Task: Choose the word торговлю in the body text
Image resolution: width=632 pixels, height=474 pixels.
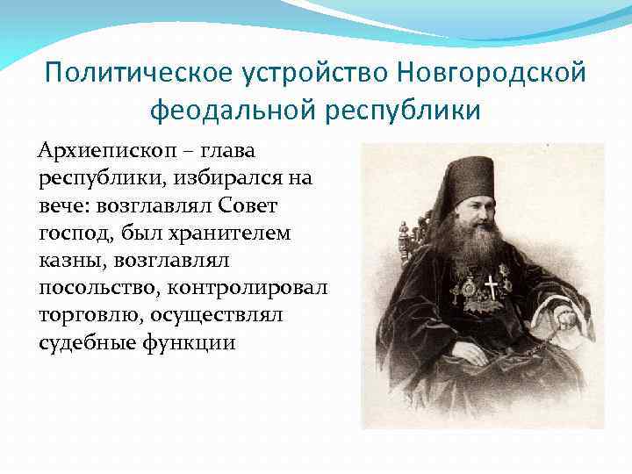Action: pyautogui.click(x=90, y=315)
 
